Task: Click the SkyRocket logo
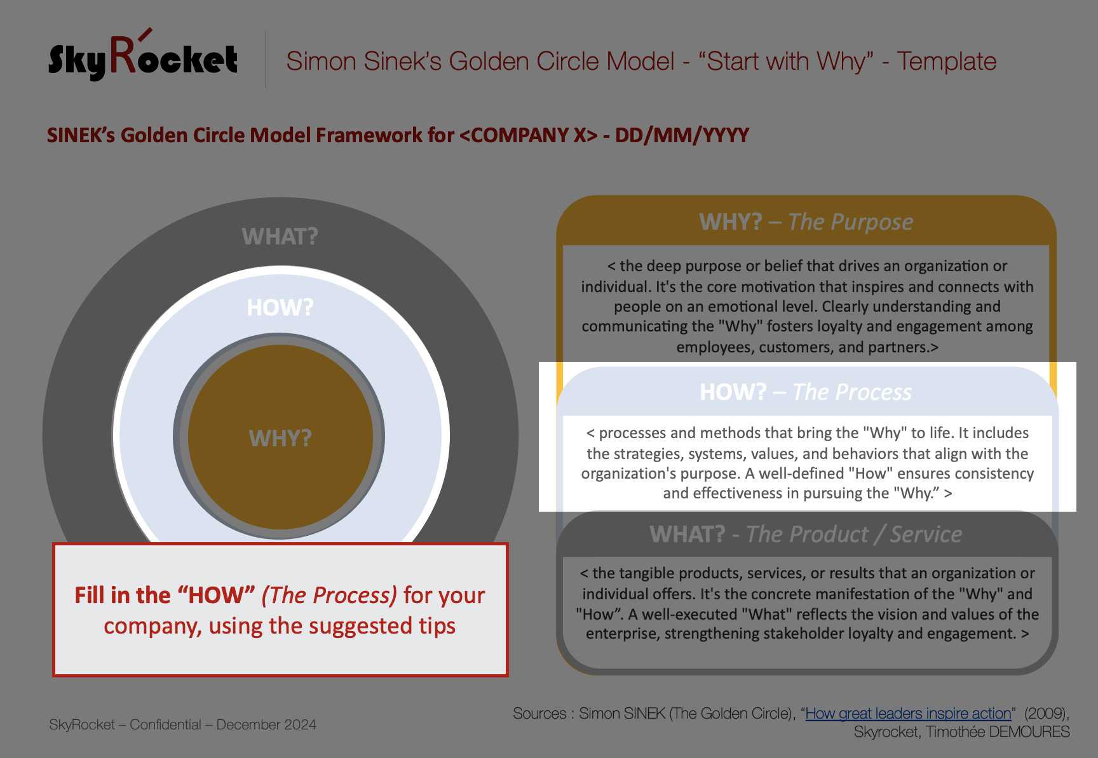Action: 143,55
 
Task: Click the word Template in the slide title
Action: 946,62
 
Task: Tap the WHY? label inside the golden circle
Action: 280,438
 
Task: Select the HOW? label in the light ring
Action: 280,307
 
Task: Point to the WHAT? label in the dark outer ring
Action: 280,236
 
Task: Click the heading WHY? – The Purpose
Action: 806,222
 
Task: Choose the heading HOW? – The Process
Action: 806,392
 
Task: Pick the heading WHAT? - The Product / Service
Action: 806,534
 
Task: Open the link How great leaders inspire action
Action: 908,714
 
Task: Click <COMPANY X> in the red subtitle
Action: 528,135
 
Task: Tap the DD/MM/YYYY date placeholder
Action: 682,135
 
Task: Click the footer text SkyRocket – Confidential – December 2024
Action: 182,724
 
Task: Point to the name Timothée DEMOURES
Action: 998,732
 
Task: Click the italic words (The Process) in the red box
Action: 329,595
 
